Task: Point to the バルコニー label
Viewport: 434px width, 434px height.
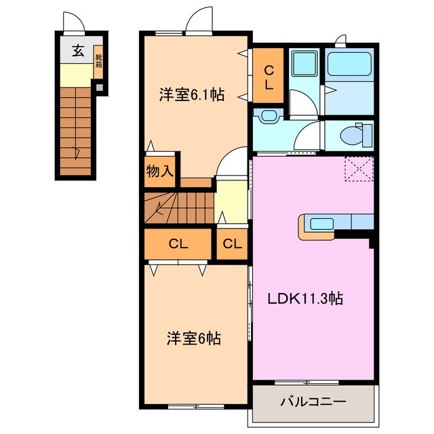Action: (x=313, y=402)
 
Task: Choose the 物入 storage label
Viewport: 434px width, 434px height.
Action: (x=160, y=172)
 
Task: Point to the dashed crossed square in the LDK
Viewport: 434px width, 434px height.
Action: (x=359, y=169)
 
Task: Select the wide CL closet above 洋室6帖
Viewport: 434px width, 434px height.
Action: (x=178, y=244)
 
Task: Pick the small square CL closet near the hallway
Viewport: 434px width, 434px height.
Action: (x=231, y=244)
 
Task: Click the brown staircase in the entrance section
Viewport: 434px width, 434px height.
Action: (x=74, y=133)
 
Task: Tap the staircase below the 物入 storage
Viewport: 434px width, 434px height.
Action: (x=178, y=208)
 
